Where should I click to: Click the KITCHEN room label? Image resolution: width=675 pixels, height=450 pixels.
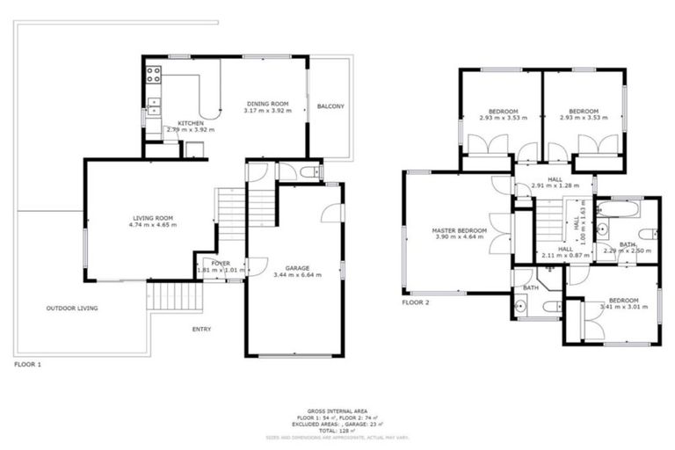click(191, 123)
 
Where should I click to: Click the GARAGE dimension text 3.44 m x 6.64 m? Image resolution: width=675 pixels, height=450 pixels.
click(297, 275)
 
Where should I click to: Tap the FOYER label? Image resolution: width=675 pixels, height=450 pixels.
click(221, 263)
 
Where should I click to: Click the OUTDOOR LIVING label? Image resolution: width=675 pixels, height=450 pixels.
click(72, 308)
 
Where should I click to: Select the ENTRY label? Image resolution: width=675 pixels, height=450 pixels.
click(201, 330)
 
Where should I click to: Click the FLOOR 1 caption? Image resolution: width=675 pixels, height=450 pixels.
click(27, 363)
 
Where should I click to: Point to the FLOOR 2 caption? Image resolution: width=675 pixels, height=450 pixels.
click(416, 302)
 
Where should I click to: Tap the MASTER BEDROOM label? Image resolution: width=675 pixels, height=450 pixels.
click(459, 230)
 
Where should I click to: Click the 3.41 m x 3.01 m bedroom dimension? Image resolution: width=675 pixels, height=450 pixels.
click(623, 307)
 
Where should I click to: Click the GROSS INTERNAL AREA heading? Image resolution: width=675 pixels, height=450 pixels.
click(337, 410)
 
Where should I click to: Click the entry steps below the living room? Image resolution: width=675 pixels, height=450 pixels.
click(175, 294)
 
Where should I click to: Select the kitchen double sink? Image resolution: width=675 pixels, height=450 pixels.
click(154, 106)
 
